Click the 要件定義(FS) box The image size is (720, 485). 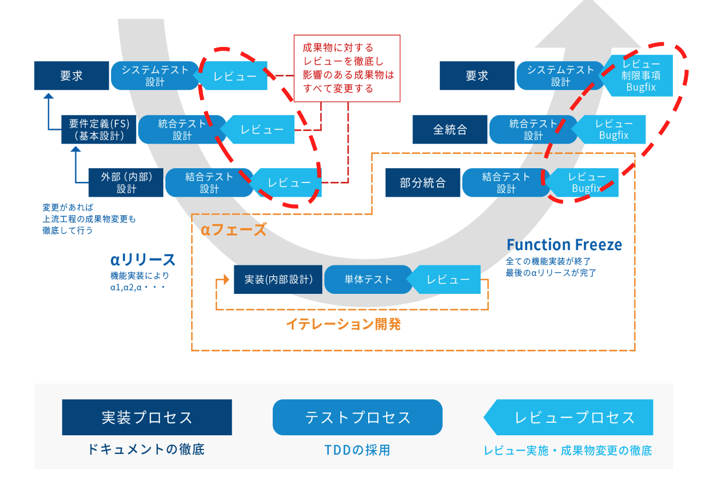tap(99, 129)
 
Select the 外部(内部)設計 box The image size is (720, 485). tap(126, 182)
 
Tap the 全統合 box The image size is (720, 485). tap(450, 129)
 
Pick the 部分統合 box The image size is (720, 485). tap(422, 182)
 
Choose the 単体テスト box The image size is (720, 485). tap(368, 279)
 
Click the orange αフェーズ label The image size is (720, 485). tap(233, 230)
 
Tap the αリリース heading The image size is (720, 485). tap(143, 259)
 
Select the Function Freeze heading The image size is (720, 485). tap(564, 245)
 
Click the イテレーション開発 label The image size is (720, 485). tap(343, 324)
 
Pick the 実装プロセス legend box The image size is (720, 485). tap(147, 417)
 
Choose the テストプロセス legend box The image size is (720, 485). tap(357, 417)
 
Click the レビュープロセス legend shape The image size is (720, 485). tap(571, 417)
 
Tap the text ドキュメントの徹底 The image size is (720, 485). tap(146, 449)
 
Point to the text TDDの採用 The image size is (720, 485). tap(357, 450)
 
